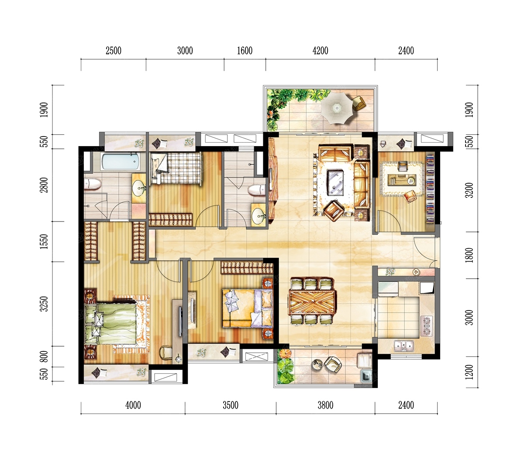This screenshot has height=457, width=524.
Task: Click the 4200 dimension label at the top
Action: coord(320,51)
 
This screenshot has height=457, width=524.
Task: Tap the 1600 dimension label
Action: coord(245,51)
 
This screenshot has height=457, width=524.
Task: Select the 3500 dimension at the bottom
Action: coord(231,405)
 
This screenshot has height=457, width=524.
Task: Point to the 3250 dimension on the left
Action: coord(44,304)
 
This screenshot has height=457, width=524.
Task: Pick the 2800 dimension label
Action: coord(44,185)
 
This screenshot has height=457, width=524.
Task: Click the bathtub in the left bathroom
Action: coord(121,162)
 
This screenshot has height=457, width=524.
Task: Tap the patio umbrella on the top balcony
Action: coord(336,108)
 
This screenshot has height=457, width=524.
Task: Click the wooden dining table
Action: coord(312,303)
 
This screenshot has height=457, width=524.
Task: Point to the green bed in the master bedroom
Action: coord(110,323)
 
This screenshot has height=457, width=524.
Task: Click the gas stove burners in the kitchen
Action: coord(426,326)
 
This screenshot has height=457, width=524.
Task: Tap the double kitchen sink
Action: coord(404,346)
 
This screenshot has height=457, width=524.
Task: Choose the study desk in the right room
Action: coord(401,179)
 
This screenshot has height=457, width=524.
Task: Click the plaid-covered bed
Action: coord(176,168)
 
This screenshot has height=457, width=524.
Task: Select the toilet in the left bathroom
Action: coord(93,184)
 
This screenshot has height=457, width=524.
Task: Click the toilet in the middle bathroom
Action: coord(257,190)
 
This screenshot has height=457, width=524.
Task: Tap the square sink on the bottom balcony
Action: coord(366,375)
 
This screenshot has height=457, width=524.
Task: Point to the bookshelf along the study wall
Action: coord(430,189)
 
